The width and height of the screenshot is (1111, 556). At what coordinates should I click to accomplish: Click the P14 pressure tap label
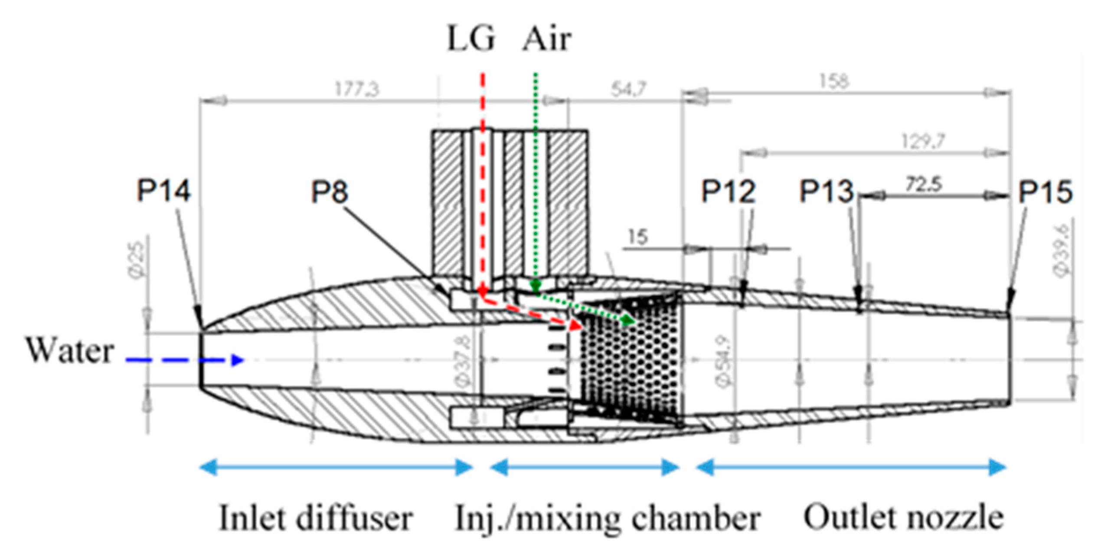[x=163, y=191]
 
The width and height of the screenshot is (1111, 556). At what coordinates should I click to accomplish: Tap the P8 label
[x=330, y=192]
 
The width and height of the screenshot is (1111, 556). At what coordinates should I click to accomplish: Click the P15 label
[x=1046, y=192]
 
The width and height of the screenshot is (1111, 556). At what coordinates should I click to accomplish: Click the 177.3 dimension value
[x=356, y=90]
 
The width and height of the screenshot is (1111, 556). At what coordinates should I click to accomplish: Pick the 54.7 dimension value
[x=628, y=90]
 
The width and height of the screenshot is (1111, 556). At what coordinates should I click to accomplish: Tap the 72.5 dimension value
[x=924, y=185]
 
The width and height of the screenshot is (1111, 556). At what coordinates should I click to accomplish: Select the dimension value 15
[x=637, y=237]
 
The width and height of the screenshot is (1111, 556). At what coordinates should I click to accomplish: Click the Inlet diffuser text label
[x=316, y=518]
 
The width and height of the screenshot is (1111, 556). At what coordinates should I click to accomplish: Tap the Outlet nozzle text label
[x=904, y=517]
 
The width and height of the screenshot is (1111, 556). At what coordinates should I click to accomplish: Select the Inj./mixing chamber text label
[x=607, y=518]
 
